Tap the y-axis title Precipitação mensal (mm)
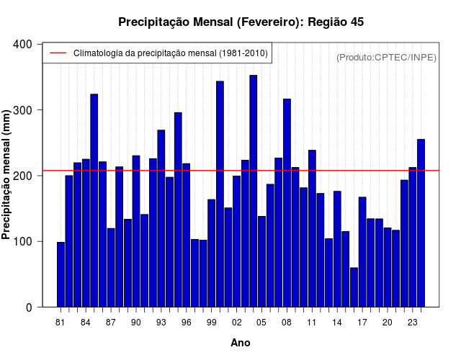click(x=6, y=175)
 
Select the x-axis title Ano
click(x=241, y=343)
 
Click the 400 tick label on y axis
click(x=23, y=45)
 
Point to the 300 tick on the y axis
click(x=23, y=110)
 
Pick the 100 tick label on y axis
click(x=23, y=242)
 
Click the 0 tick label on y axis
click(x=29, y=307)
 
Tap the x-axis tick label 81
click(x=61, y=323)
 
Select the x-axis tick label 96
click(x=187, y=323)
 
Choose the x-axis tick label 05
click(x=261, y=323)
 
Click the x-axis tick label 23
click(x=413, y=323)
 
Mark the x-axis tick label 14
click(x=337, y=323)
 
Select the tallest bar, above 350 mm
click(x=254, y=191)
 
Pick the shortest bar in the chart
click(x=354, y=287)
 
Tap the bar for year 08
click(x=287, y=203)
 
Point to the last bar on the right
click(x=421, y=223)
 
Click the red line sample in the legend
click(x=57, y=53)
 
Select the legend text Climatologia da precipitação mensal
click(x=171, y=53)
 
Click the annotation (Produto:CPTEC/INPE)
click(x=387, y=57)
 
